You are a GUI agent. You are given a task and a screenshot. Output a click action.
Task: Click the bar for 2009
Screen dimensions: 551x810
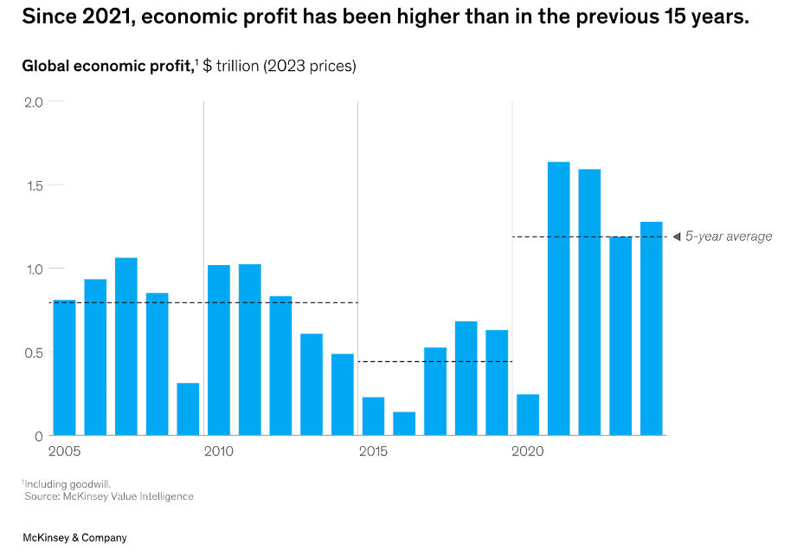click(188, 409)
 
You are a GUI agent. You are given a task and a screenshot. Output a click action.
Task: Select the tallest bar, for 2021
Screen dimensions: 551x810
click(559, 299)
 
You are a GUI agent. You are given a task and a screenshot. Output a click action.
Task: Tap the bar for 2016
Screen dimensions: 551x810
click(404, 424)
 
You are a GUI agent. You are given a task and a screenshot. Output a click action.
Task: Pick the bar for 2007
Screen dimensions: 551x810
click(126, 347)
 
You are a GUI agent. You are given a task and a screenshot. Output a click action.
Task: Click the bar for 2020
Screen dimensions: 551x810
click(528, 415)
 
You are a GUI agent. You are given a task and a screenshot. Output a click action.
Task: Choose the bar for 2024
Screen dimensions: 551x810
click(652, 328)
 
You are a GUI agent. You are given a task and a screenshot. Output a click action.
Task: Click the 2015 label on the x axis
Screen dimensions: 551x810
click(373, 451)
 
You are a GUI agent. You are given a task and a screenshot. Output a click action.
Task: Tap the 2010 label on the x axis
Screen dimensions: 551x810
click(219, 451)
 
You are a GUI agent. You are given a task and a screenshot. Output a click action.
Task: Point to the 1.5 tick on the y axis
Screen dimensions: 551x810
click(32, 185)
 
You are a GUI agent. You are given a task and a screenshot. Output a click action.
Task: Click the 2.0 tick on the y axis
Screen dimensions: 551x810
click(33, 102)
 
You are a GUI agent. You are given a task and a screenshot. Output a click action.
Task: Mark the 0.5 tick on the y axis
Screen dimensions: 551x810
click(32, 353)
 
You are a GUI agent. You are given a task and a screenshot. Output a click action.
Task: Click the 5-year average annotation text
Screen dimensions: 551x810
click(729, 237)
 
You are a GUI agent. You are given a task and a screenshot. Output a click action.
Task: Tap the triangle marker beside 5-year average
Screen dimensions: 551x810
click(677, 237)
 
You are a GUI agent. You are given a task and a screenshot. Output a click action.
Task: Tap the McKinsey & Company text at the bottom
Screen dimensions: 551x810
click(74, 538)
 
